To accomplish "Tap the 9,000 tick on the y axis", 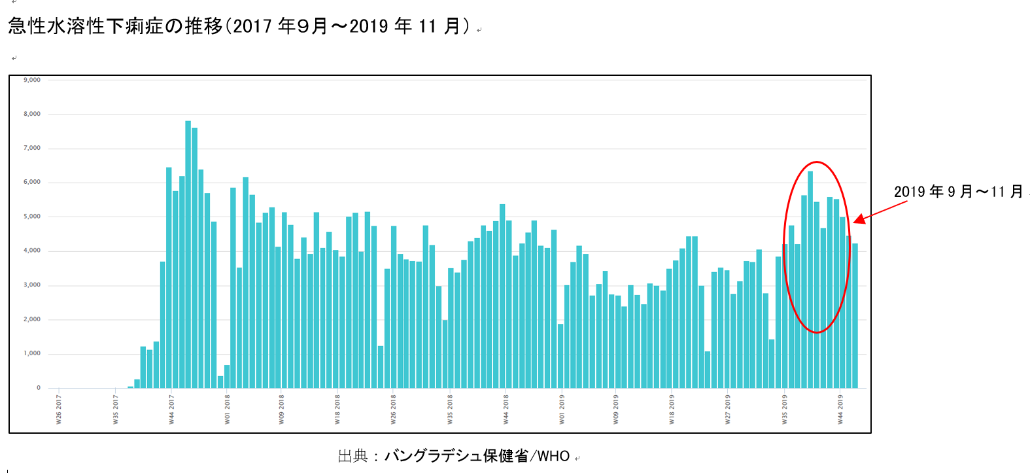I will coord(32,80).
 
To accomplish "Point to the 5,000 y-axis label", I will coord(32,217).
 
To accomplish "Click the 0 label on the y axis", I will coord(38,388).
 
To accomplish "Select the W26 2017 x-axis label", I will coord(60,409).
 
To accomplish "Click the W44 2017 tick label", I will coord(171,409).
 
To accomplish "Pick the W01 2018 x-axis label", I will coord(228,409).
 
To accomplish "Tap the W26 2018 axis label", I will coord(394,409).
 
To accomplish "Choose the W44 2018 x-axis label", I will coord(506,409).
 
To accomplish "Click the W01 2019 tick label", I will coord(562,409).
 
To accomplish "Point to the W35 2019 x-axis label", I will coord(785,409).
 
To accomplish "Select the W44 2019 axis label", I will coord(841,409).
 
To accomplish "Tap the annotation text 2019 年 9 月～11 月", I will coord(958,192).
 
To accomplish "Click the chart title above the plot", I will coord(239,26).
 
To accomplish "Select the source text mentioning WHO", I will coord(454,456).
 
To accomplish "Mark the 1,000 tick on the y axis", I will coord(32,353).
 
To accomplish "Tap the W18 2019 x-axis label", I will coord(672,409).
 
